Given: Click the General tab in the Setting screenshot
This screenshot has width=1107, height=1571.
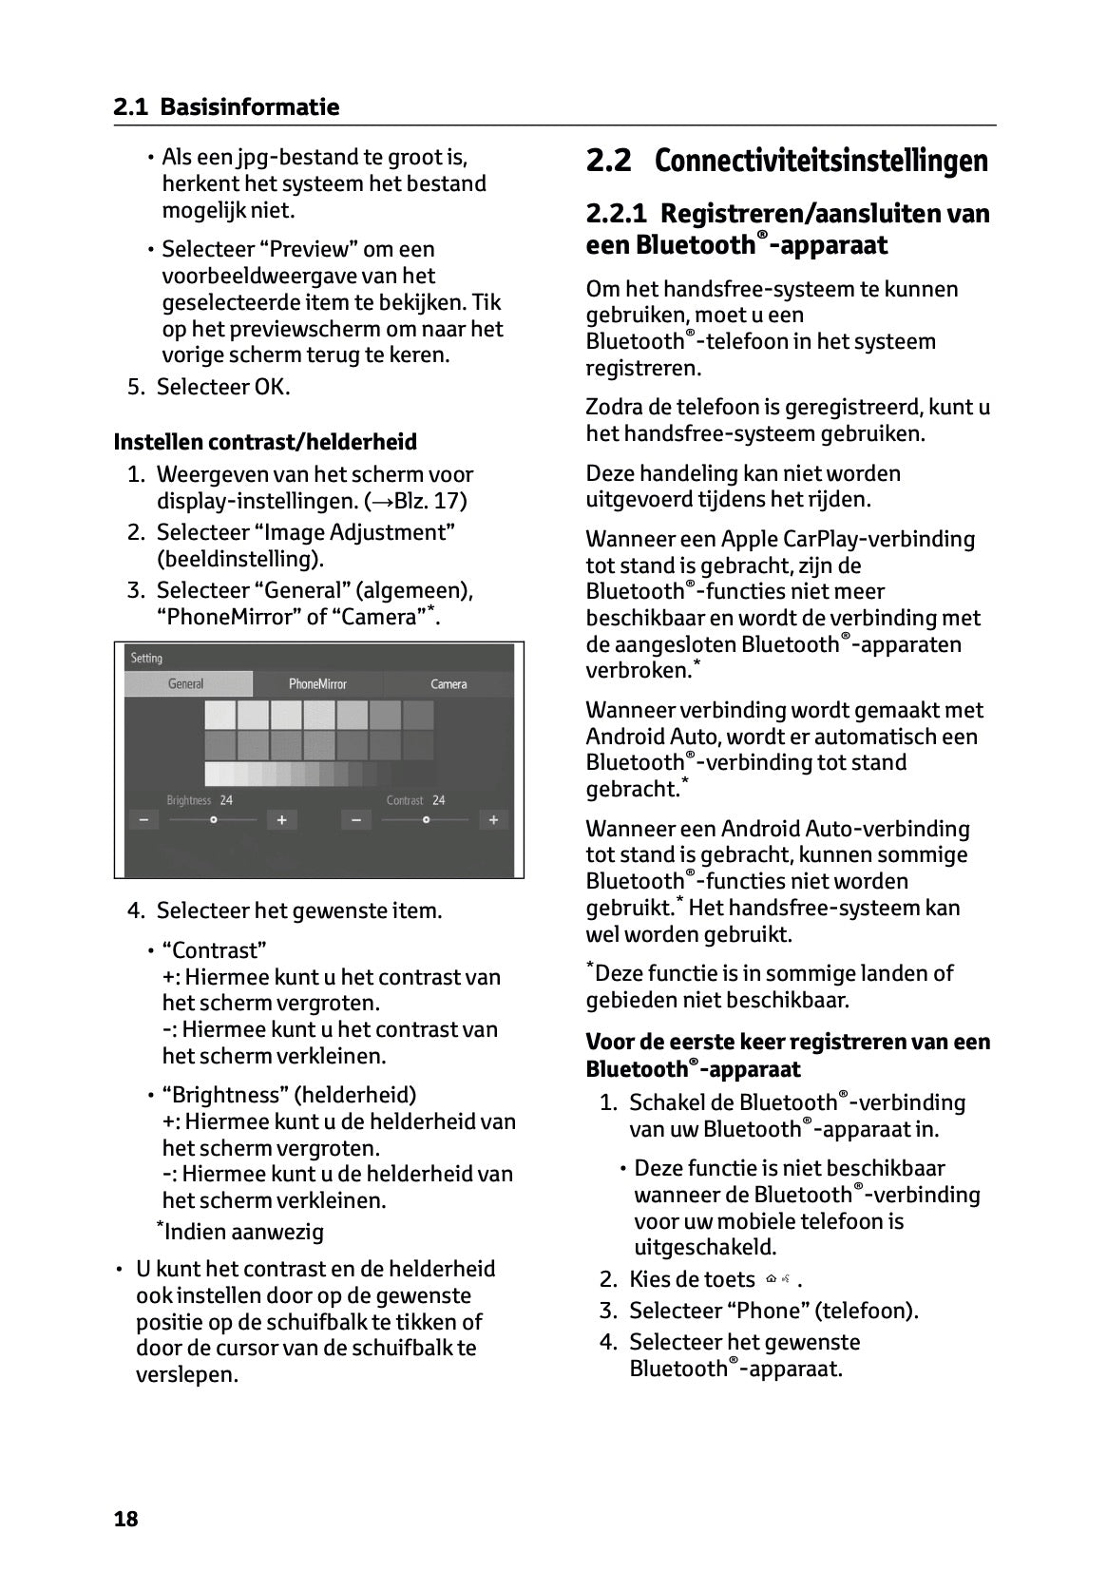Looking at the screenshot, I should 186,684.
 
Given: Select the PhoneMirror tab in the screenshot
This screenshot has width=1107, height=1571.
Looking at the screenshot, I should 317,684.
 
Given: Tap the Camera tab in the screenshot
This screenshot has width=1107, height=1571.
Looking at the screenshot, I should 449,684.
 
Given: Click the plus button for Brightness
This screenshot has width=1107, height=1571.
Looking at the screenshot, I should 281,819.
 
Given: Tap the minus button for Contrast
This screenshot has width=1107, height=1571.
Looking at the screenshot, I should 355,819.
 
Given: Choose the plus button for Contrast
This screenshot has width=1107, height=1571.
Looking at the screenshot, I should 493,819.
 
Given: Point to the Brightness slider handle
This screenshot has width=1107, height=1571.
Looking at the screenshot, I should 214,819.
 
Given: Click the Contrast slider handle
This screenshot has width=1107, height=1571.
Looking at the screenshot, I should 426,819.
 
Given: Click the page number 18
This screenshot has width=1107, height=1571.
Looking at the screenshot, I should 125,1519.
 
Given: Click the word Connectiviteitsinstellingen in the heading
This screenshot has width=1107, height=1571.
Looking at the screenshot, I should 821,161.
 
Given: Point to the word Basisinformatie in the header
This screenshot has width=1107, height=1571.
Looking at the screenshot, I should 249,107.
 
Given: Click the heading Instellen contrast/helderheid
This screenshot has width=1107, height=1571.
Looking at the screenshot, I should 265,442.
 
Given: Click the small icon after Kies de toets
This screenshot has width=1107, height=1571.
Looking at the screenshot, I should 778,1279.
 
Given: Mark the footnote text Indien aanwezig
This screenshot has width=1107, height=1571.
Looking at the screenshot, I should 243,1233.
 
